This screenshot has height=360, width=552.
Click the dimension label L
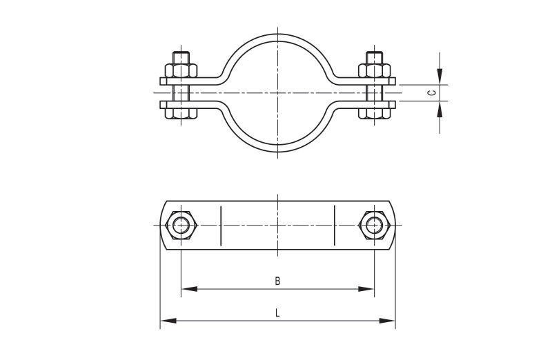(277, 312)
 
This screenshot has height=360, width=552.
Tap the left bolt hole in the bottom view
(181, 224)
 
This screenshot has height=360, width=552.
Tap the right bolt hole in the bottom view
(374, 224)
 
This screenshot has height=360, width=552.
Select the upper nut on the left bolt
(181, 70)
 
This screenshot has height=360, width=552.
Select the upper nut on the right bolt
(374, 70)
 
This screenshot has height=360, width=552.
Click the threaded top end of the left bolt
(181, 57)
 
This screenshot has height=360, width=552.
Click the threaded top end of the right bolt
(374, 57)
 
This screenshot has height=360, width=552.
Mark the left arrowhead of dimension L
(165, 320)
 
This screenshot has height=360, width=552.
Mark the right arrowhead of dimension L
(391, 320)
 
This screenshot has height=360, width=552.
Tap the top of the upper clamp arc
(277, 30)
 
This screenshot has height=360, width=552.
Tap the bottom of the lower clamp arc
(277, 150)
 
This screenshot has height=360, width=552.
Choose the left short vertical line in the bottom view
(221, 224)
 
